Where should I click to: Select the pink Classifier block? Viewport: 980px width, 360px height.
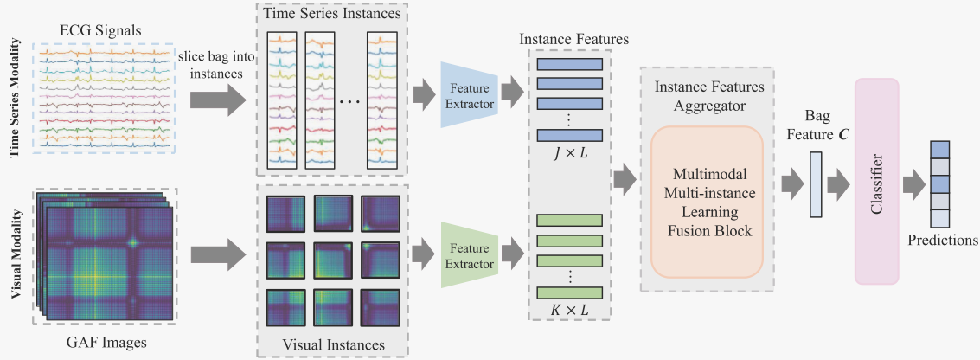876,180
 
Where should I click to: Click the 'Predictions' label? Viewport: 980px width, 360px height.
942,241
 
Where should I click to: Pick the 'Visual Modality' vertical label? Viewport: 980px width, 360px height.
16,256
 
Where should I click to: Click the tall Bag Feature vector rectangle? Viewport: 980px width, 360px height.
816,183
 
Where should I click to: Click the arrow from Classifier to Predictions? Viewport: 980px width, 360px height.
914,183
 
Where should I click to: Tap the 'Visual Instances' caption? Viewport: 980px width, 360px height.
334,344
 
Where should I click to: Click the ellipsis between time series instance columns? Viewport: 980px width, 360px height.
350,101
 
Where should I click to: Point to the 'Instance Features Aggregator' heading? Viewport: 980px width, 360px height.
708,95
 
